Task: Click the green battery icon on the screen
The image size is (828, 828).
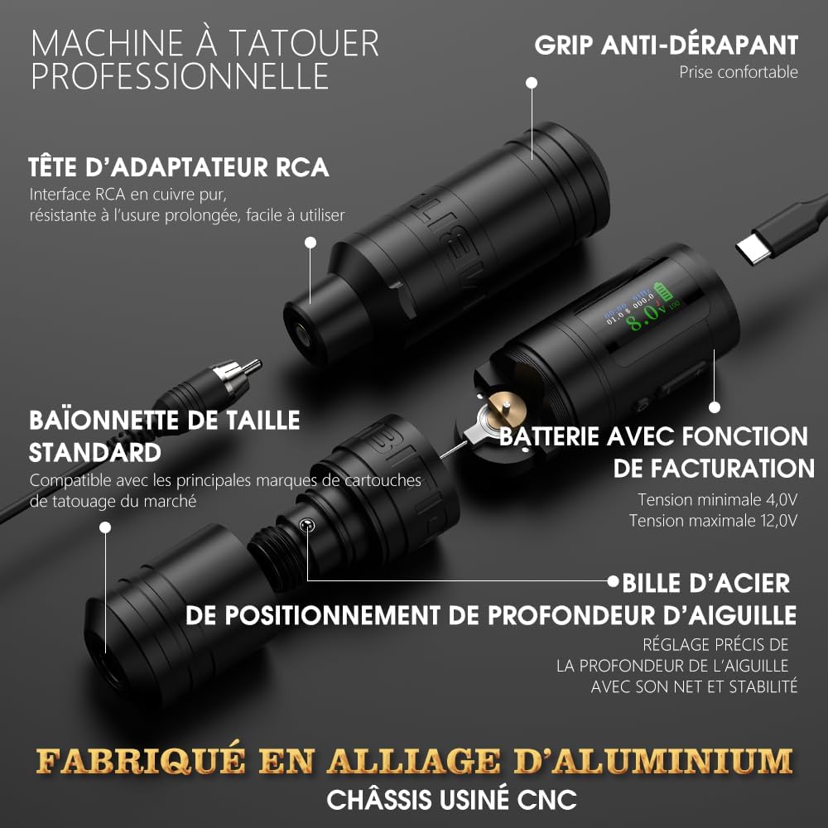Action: (x=664, y=291)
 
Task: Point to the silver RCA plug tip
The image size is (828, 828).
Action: (x=253, y=365)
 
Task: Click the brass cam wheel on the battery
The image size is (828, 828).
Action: (x=504, y=409)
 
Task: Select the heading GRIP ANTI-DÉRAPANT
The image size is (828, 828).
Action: (x=666, y=45)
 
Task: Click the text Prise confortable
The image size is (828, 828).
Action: (x=739, y=72)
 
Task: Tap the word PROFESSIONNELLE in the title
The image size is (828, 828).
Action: (x=180, y=76)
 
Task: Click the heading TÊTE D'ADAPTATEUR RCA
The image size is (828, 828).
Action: (x=179, y=167)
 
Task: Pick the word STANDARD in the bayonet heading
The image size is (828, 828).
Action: (x=95, y=453)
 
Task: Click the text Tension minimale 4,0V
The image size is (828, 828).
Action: (x=717, y=499)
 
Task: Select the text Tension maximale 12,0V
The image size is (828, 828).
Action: (x=713, y=521)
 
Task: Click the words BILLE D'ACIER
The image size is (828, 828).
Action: (x=706, y=584)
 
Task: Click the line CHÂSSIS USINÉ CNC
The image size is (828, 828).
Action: (x=451, y=799)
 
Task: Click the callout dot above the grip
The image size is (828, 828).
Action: (x=532, y=83)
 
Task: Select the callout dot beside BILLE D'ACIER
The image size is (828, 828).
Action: (x=613, y=581)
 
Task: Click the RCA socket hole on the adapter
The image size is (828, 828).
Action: (x=302, y=335)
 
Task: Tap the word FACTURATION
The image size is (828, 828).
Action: (x=714, y=469)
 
